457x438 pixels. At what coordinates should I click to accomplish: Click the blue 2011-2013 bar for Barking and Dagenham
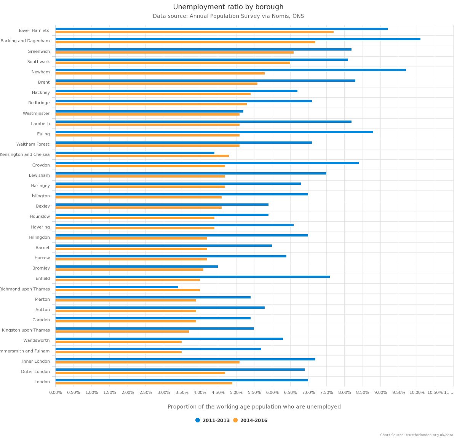pyautogui.click(x=238, y=39)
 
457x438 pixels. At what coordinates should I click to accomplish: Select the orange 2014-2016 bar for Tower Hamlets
pyautogui.click(x=194, y=32)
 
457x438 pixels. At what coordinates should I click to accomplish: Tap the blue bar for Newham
pyautogui.click(x=230, y=70)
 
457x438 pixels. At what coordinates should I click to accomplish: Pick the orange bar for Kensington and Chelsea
pyautogui.click(x=142, y=156)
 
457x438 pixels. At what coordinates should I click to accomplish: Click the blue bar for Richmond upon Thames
pyautogui.click(x=117, y=287)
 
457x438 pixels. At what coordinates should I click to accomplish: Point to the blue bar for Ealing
pyautogui.click(x=214, y=132)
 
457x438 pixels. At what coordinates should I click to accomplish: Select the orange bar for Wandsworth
pyautogui.click(x=118, y=342)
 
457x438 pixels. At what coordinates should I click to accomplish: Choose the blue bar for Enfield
pyautogui.click(x=192, y=277)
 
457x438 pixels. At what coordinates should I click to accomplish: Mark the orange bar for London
pyautogui.click(x=144, y=383)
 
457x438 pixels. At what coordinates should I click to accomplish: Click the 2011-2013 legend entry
pyautogui.click(x=213, y=421)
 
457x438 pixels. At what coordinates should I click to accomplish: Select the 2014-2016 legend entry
pyautogui.click(x=250, y=421)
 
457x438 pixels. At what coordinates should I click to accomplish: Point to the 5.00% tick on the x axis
pyautogui.click(x=236, y=393)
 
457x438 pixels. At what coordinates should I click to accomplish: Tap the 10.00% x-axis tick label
pyautogui.click(x=417, y=393)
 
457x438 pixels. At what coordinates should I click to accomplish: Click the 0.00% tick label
pyautogui.click(x=56, y=393)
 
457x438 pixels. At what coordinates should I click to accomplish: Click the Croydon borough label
pyautogui.click(x=41, y=165)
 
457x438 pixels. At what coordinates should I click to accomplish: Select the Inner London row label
pyautogui.click(x=36, y=361)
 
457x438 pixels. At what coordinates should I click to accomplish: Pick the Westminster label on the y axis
pyautogui.click(x=36, y=113)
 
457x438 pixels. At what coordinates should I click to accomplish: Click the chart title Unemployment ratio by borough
pyautogui.click(x=228, y=7)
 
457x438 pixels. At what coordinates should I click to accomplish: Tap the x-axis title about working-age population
pyautogui.click(x=254, y=407)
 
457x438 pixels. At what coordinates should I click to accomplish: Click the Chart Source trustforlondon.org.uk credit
pyautogui.click(x=416, y=435)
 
